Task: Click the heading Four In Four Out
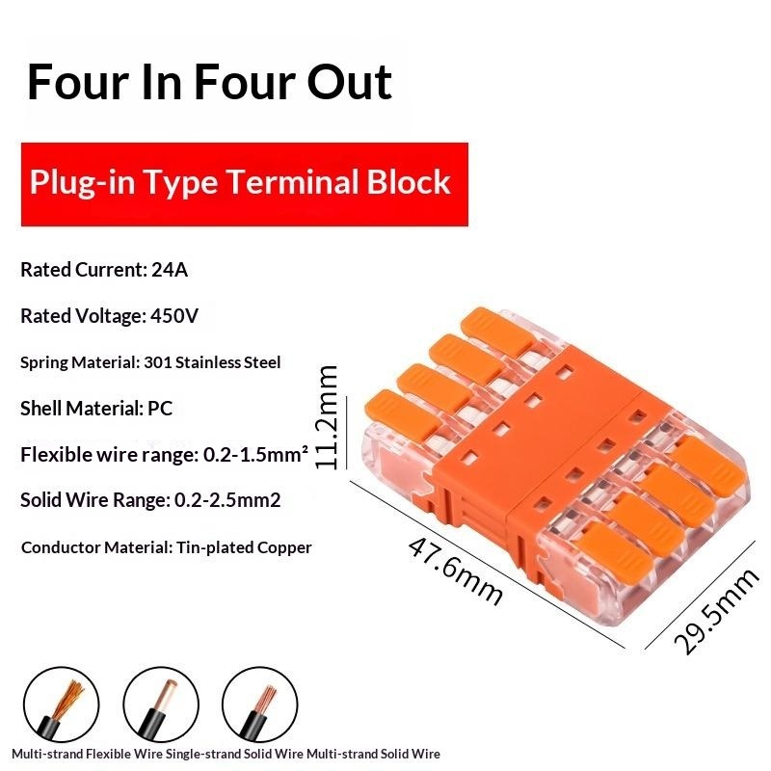click(x=209, y=82)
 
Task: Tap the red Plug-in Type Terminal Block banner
click(x=245, y=184)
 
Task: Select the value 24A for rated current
click(x=170, y=270)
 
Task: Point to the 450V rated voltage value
click(x=174, y=316)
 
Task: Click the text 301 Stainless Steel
click(x=212, y=362)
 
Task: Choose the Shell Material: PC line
click(x=96, y=408)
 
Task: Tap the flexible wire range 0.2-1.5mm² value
click(x=255, y=454)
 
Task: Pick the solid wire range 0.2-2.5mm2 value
click(x=227, y=500)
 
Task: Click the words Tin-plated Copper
click(x=244, y=547)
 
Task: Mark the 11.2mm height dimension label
click(x=327, y=417)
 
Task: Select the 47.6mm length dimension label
click(x=455, y=571)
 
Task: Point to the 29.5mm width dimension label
click(x=716, y=612)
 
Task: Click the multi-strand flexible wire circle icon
click(x=62, y=705)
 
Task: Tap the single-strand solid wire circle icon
click(x=161, y=705)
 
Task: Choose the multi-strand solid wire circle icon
click(x=259, y=705)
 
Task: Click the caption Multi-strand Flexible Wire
click(x=87, y=754)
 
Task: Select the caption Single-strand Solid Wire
click(x=234, y=754)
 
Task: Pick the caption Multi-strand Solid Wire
click(x=373, y=754)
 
